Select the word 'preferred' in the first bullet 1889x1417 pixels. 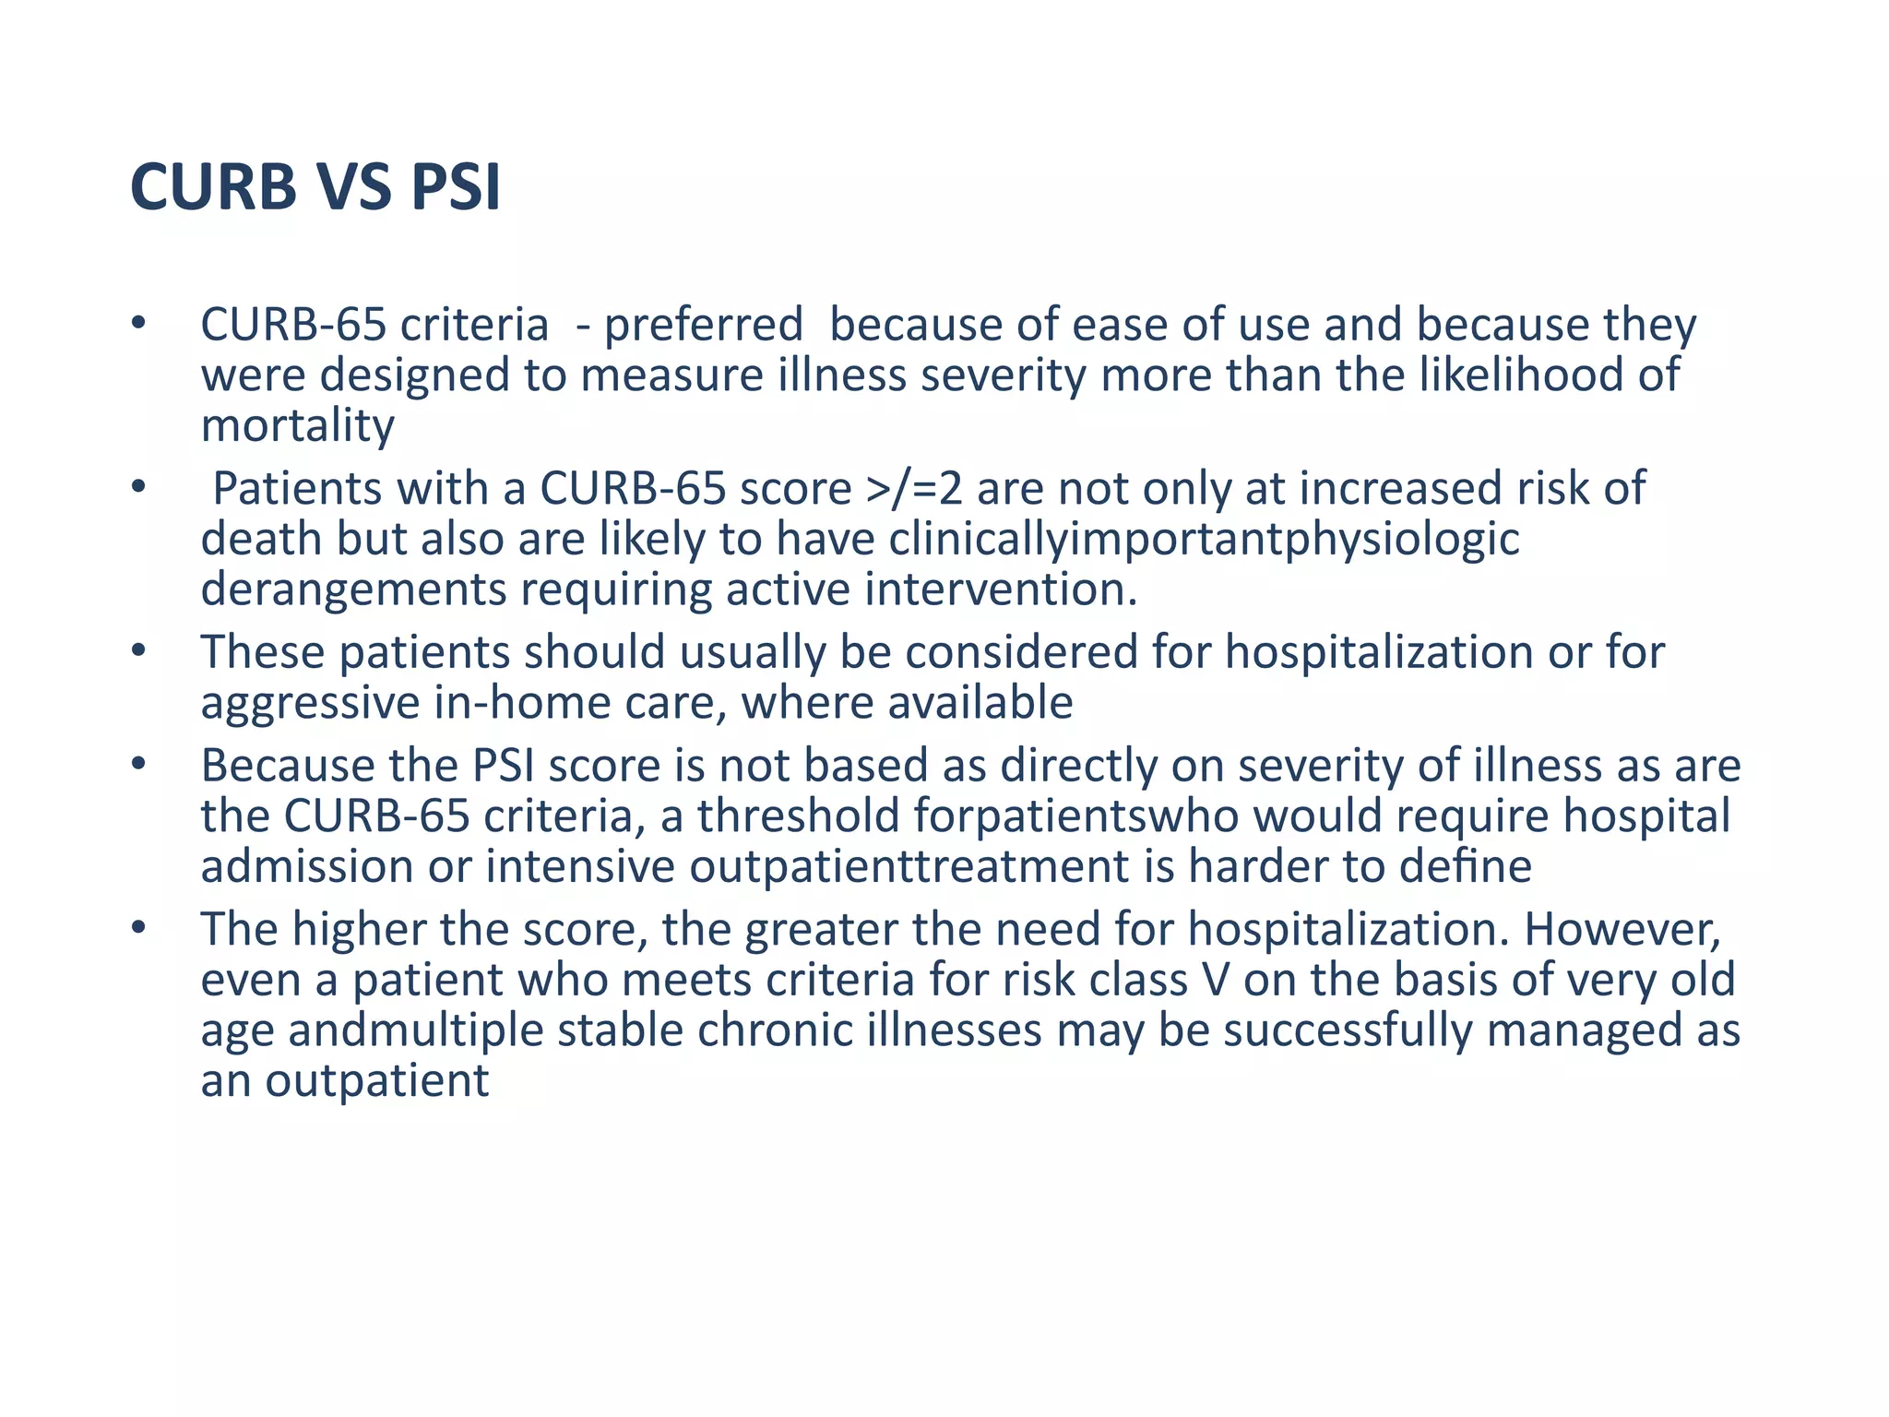pos(703,325)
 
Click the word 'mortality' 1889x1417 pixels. pos(298,425)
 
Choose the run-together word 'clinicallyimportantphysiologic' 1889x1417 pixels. pos(1204,539)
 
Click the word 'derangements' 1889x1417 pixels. pos(353,589)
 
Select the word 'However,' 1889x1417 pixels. pos(1622,929)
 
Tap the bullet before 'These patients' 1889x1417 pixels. pos(138,651)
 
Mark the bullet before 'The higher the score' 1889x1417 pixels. pos(138,928)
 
